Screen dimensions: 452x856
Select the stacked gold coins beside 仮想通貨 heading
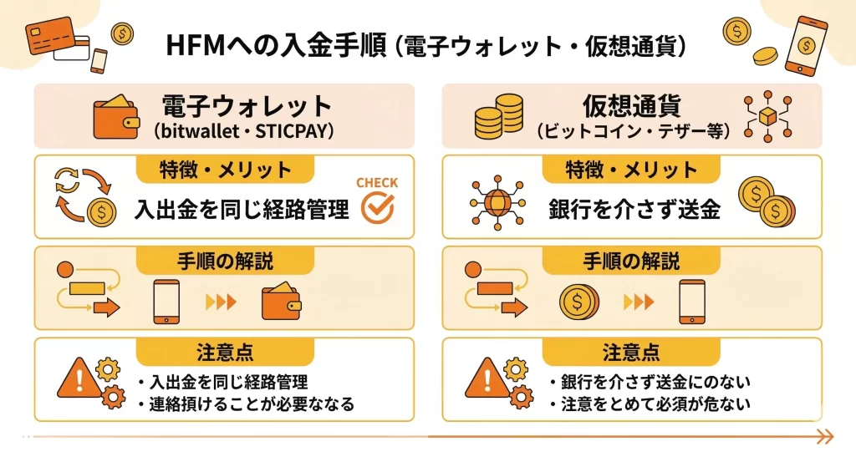[x=498, y=117]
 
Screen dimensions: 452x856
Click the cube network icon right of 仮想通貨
[x=767, y=117]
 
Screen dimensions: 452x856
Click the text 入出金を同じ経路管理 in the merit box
[x=242, y=210]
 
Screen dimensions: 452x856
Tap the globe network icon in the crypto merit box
[x=497, y=201]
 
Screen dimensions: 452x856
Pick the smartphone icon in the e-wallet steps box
[x=166, y=302]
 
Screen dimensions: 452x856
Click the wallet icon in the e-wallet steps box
[x=281, y=302]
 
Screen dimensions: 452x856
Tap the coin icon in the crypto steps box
[x=578, y=302]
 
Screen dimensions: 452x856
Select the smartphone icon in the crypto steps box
[x=691, y=302]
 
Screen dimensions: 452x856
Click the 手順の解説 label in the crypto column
[x=632, y=261]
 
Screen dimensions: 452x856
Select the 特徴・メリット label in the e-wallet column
[x=225, y=170]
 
